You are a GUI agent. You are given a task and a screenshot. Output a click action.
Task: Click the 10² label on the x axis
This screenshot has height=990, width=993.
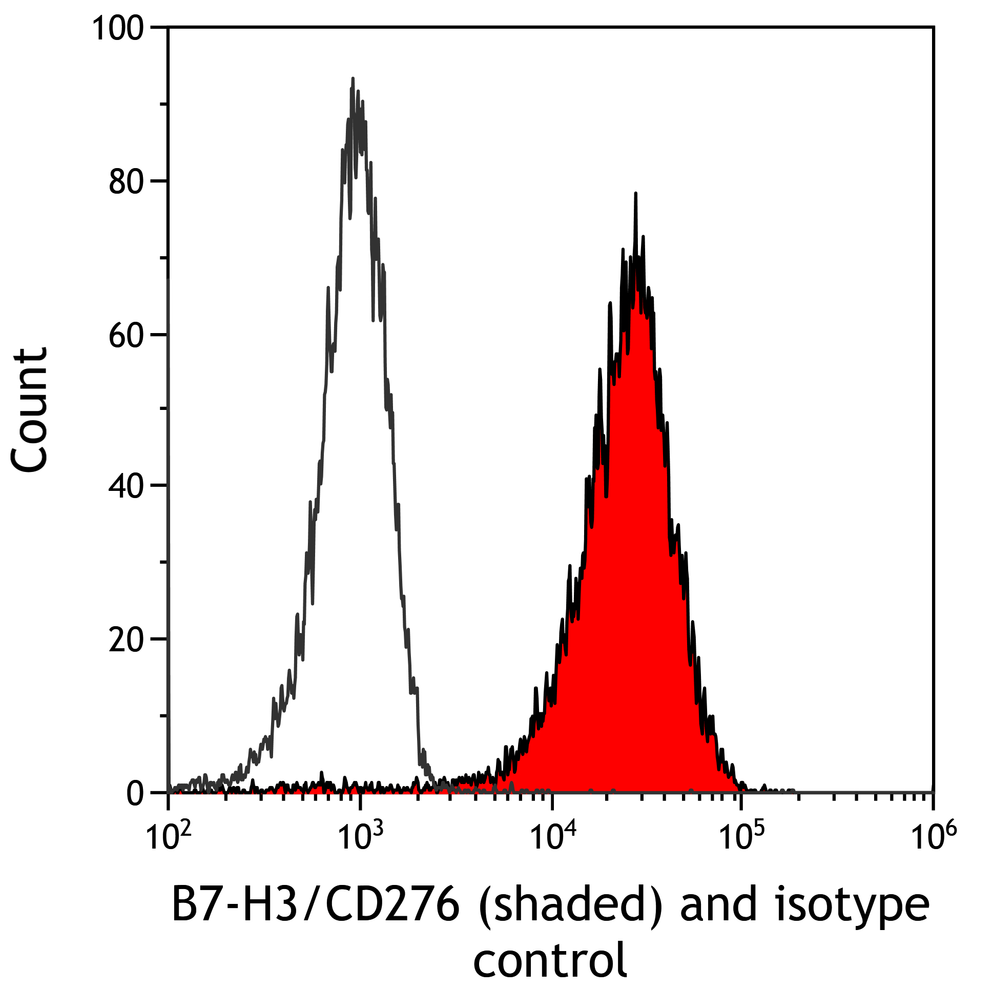[169, 837]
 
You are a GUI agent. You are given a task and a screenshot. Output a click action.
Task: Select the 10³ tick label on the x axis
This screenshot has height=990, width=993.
[360, 837]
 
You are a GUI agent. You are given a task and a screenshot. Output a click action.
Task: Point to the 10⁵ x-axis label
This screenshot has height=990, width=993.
[740, 837]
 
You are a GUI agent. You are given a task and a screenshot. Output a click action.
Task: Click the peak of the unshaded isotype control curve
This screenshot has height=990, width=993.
[353, 79]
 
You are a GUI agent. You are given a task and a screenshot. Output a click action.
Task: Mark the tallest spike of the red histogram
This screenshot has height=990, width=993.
[636, 194]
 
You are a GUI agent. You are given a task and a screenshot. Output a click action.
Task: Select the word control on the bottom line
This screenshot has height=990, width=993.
[549, 959]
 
